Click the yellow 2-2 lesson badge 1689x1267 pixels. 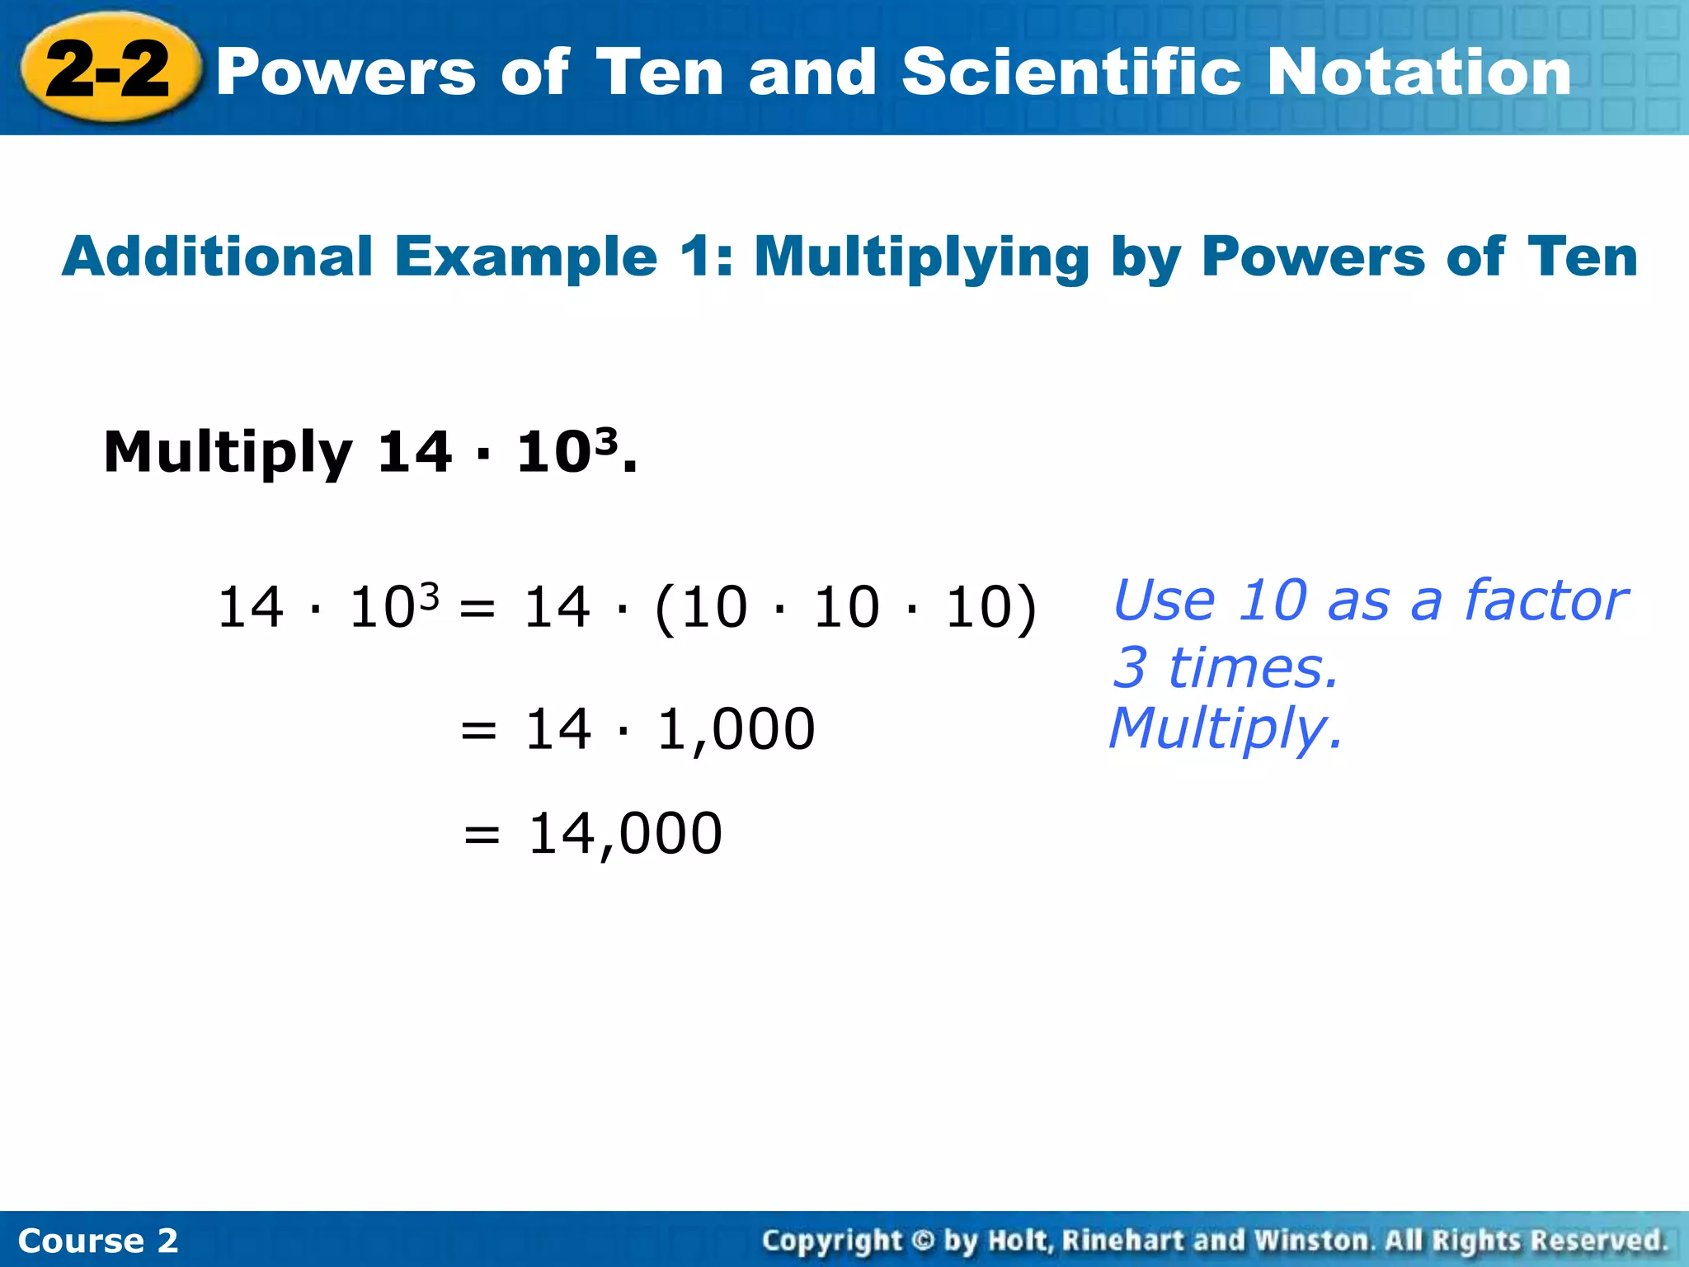pos(110,69)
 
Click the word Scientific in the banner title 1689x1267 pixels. pos(1071,73)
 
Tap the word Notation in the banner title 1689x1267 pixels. pos(1418,73)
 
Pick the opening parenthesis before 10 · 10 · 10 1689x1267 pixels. pos(665,609)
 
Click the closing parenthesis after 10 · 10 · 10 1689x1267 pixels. pos(1026,609)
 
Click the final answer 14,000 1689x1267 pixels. pos(625,834)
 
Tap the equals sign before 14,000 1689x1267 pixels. pos(482,836)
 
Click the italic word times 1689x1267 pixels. pos(1252,667)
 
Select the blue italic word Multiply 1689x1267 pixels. pos(1226,729)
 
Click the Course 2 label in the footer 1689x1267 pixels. pos(98,1241)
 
